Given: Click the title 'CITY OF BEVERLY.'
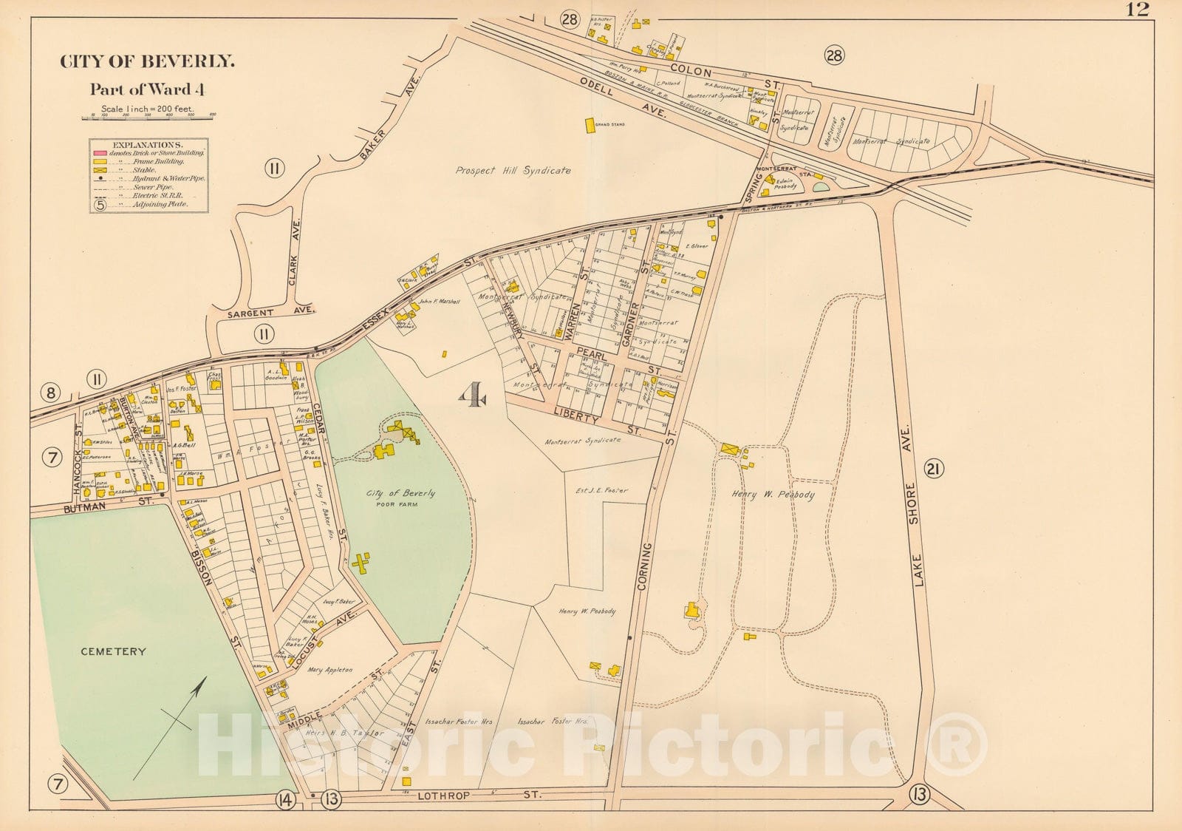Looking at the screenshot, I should (x=147, y=62).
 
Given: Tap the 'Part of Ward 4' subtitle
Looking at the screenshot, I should (x=147, y=89).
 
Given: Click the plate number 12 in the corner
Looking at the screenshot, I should (x=1138, y=9).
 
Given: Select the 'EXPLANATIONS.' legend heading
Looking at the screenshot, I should (x=148, y=145).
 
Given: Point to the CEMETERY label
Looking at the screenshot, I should (x=113, y=651).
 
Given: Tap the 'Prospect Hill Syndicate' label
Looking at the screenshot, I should (x=513, y=170).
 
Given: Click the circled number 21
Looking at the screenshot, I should (x=934, y=468).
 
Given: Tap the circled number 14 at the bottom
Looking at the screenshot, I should (x=285, y=798).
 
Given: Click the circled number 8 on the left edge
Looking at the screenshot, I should (x=50, y=392).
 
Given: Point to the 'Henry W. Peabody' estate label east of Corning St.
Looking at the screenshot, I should (x=773, y=495).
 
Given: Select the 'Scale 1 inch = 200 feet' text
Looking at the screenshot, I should (x=147, y=109).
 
